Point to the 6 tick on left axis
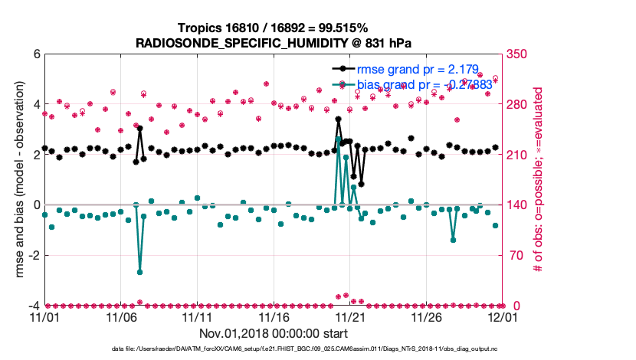tap(35, 54)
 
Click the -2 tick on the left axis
tap(33, 255)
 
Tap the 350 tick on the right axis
tap(516, 54)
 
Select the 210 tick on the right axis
tap(516, 155)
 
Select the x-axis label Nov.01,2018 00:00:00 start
tap(274, 333)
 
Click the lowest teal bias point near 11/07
tap(139, 272)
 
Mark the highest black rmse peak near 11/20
tap(338, 119)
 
